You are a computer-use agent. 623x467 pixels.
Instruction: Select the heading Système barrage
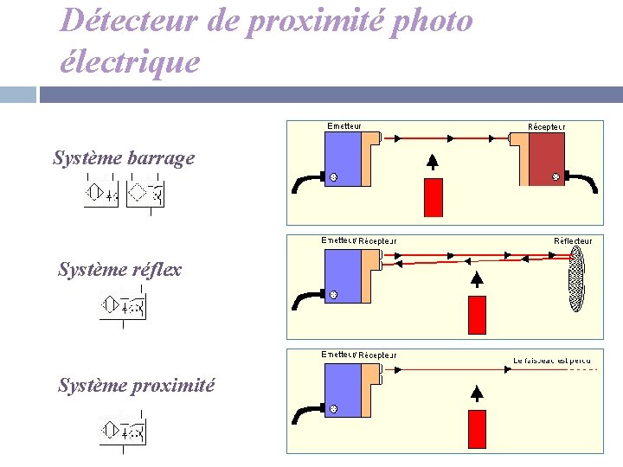click(x=124, y=158)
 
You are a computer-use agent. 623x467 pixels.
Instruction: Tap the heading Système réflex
click(x=119, y=269)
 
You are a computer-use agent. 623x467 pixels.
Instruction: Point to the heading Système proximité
click(x=136, y=386)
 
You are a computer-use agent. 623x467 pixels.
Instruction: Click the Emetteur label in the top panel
click(x=344, y=126)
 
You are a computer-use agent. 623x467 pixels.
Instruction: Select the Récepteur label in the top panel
click(x=547, y=126)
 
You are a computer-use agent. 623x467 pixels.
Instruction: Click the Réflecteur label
click(x=573, y=240)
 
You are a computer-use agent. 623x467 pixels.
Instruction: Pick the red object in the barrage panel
click(x=433, y=196)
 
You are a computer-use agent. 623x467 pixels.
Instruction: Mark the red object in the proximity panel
click(x=477, y=430)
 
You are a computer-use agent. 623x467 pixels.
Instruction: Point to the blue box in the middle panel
click(x=341, y=276)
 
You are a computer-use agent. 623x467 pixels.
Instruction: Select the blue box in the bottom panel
click(x=341, y=390)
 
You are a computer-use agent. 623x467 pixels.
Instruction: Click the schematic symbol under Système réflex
click(x=123, y=307)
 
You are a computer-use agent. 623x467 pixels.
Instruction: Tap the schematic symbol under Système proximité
click(x=123, y=431)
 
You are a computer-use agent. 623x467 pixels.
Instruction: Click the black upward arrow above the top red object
click(x=433, y=162)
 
